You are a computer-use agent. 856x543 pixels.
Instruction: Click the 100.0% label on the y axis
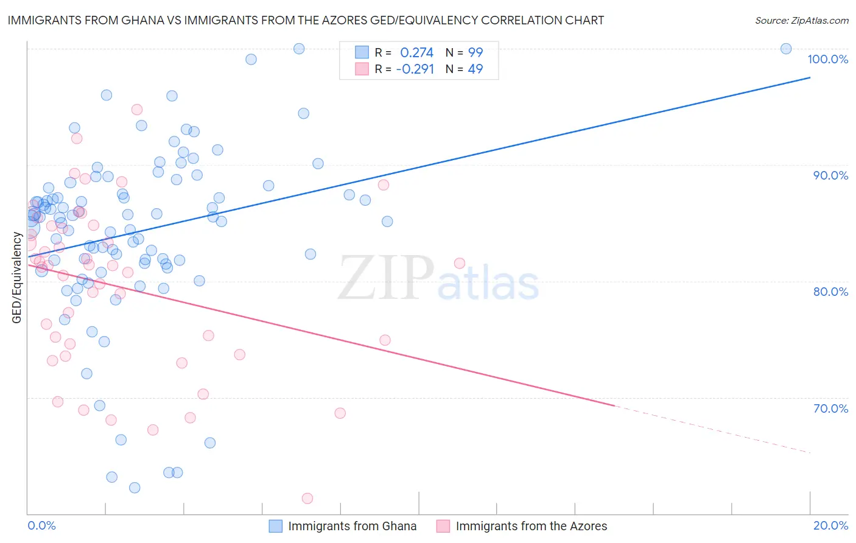[827, 59]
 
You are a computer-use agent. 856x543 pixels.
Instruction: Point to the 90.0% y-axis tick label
[830, 175]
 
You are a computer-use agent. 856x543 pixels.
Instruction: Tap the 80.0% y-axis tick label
[830, 292]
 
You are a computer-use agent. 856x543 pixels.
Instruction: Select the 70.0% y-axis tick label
[830, 408]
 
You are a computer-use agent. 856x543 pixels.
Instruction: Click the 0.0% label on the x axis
[41, 525]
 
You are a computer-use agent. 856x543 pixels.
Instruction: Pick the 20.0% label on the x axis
[830, 525]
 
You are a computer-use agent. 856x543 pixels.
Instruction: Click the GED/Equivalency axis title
[17, 278]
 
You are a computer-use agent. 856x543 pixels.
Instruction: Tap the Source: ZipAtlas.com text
[801, 21]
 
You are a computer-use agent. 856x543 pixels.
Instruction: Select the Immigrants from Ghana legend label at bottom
[352, 526]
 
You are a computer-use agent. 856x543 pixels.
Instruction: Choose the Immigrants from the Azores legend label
[531, 526]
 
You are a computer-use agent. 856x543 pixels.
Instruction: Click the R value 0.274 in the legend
[416, 53]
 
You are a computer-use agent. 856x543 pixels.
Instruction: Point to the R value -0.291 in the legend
[415, 69]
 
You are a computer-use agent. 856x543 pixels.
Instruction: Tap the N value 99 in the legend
[475, 53]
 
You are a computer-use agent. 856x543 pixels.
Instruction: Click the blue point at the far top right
[786, 49]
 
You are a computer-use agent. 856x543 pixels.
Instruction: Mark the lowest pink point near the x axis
[307, 499]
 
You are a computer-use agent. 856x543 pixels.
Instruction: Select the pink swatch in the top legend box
[362, 69]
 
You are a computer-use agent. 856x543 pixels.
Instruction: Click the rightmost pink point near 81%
[460, 263]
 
